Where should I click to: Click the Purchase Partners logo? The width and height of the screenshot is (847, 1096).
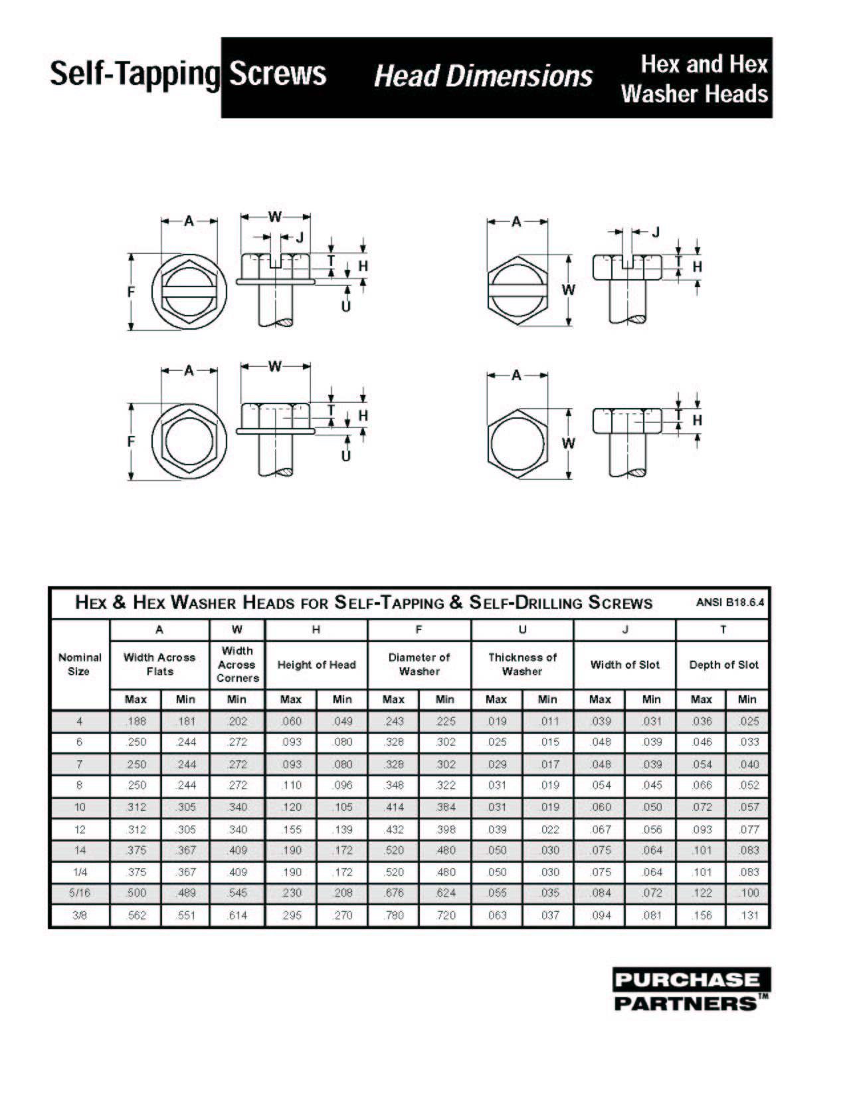pos(691,990)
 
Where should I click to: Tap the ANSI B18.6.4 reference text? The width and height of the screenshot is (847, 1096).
pos(729,603)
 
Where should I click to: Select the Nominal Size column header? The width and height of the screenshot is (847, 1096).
pos(80,664)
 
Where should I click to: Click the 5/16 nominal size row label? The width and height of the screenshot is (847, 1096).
pos(80,893)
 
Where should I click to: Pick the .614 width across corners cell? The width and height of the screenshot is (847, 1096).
pos(237,915)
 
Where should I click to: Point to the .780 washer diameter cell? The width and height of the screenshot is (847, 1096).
pos(393,915)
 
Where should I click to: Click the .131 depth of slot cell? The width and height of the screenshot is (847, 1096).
pos(749,915)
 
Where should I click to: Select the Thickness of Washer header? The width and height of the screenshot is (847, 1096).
pos(522,664)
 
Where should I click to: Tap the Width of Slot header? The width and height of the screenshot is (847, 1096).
pos(624,665)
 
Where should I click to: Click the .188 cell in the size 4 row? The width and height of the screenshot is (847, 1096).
pos(136,721)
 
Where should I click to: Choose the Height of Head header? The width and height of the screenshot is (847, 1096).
pos(316,665)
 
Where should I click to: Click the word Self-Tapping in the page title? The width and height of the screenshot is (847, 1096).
pos(134,74)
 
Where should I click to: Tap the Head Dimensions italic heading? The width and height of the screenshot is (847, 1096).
pos(483,76)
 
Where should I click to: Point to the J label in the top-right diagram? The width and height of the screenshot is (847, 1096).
pos(656,232)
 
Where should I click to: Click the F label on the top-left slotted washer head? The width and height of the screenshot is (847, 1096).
pos(132,291)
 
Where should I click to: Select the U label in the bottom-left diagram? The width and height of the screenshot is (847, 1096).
pos(345,456)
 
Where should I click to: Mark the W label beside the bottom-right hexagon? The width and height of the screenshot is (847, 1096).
pos(569,443)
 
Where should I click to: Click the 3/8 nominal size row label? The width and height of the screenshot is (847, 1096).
pos(80,915)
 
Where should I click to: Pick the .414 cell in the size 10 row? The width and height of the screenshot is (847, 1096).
pos(393,807)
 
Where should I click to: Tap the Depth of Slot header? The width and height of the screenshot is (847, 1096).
pos(723,665)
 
